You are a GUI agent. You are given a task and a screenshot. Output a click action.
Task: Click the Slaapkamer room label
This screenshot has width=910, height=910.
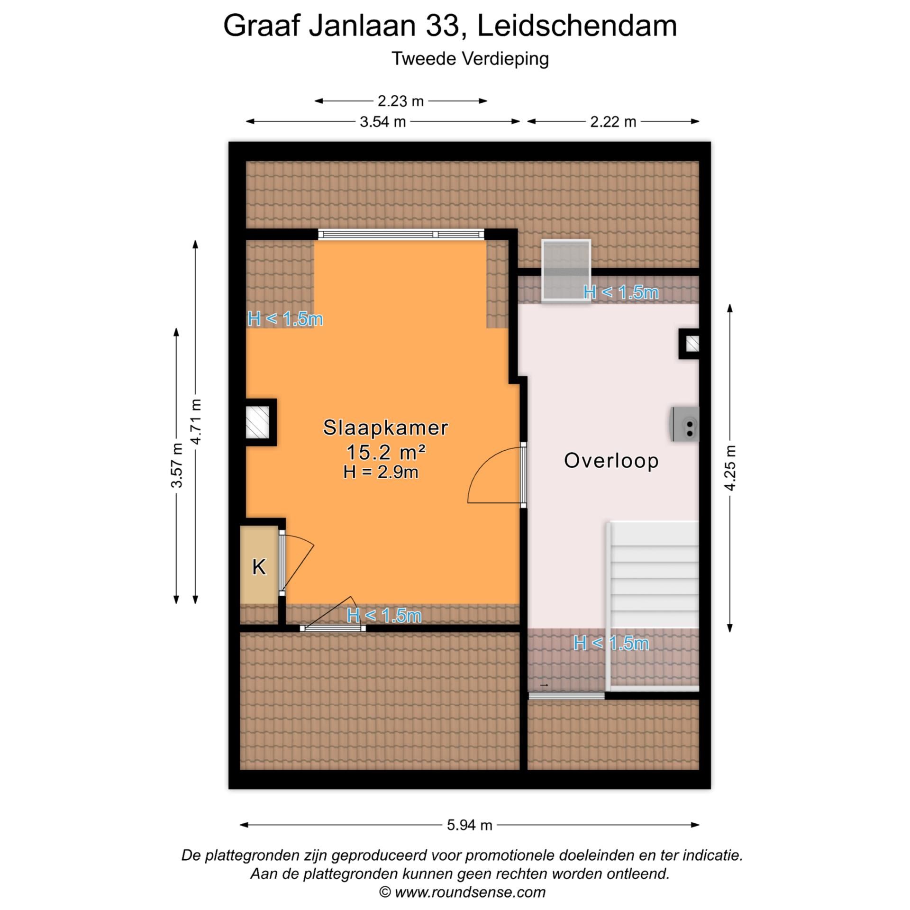[x=385, y=428]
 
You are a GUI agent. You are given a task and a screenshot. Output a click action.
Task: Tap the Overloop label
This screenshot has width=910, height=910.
[x=611, y=461]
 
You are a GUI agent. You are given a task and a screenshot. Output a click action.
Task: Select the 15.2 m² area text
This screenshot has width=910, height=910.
[x=386, y=452]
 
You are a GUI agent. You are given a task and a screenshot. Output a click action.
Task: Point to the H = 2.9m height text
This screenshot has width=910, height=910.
[x=381, y=472]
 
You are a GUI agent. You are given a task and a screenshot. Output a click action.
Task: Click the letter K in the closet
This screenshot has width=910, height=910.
[x=259, y=567]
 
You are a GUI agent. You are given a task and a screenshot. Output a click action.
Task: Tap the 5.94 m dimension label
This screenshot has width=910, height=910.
[x=469, y=825]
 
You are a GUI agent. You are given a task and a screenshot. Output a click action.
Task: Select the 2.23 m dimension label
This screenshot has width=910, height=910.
[x=400, y=101]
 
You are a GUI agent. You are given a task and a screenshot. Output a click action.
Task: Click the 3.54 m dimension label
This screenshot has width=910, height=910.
[x=382, y=122]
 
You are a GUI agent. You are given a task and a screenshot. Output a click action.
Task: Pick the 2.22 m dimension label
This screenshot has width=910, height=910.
[x=613, y=122]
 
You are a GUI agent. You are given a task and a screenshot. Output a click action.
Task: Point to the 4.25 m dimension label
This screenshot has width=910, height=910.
[x=730, y=468]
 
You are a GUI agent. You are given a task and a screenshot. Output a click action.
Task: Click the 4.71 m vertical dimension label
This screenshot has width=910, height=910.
[x=196, y=421]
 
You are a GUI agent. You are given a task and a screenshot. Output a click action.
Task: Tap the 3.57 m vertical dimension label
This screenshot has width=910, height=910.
[x=177, y=465]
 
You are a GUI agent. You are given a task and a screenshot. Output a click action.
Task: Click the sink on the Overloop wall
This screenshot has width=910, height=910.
[x=685, y=424]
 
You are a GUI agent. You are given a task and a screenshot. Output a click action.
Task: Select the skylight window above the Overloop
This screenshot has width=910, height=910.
[x=566, y=270]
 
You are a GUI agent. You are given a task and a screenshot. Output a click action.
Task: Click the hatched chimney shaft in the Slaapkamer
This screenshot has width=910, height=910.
[x=257, y=422]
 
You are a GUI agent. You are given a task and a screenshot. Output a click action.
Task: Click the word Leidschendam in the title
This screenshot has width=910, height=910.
[x=577, y=26]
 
